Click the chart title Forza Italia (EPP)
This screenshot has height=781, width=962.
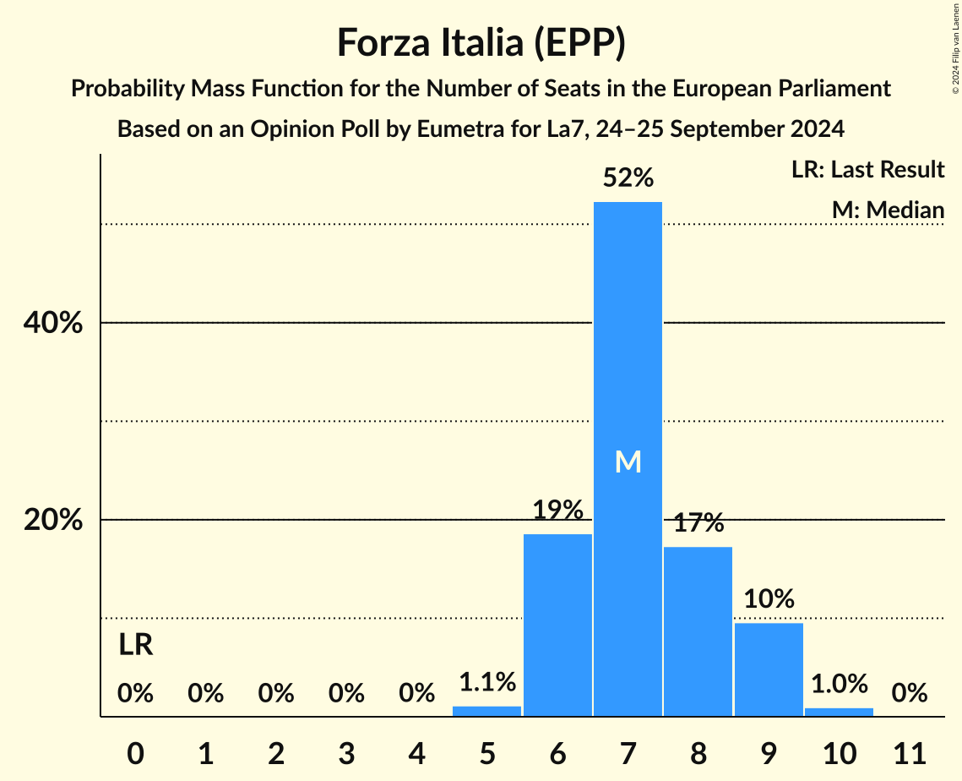click(x=481, y=42)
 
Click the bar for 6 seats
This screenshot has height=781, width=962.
click(x=557, y=625)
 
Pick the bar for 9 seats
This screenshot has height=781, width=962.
click(x=769, y=669)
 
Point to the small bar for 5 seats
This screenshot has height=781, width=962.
click(x=487, y=711)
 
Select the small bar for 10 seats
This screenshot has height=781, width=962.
click(x=839, y=712)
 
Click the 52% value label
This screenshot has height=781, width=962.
click(x=628, y=178)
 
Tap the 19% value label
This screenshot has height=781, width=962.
click(x=557, y=511)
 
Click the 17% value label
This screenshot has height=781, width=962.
click(x=698, y=523)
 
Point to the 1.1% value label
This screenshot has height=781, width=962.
click(x=487, y=682)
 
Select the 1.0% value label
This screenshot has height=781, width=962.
click(x=839, y=684)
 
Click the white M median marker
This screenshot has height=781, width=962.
click(x=628, y=461)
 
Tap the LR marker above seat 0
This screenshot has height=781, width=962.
click(x=135, y=646)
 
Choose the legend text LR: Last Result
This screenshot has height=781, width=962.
click(x=867, y=170)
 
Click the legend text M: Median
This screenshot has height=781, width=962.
click(x=888, y=210)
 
